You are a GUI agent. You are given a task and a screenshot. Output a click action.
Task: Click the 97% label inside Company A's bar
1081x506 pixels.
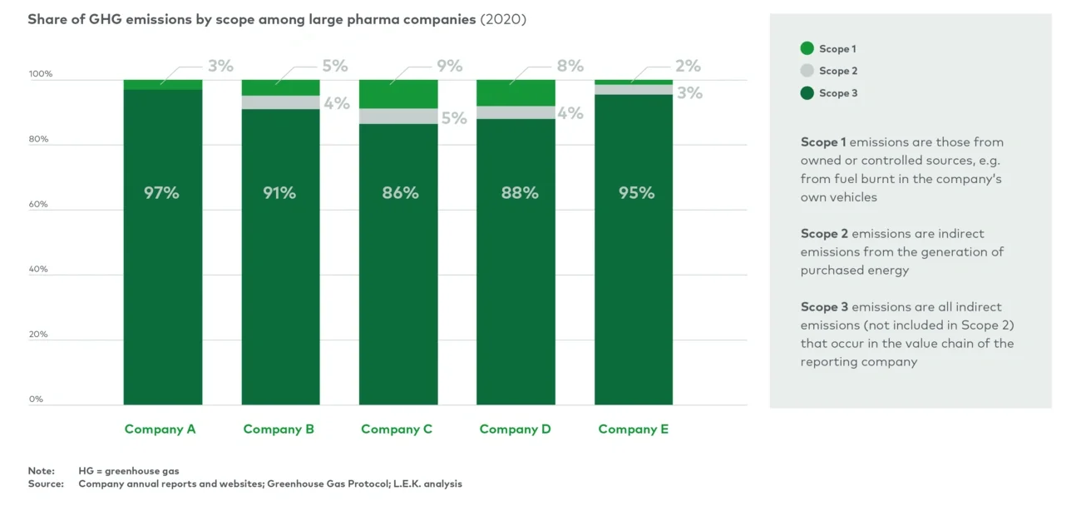[x=162, y=193]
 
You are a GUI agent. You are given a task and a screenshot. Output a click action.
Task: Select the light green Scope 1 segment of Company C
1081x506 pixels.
[x=398, y=94]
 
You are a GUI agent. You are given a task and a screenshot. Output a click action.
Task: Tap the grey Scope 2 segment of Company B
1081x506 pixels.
[x=280, y=102]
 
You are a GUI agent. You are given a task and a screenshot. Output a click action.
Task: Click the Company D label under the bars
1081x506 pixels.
[x=515, y=429]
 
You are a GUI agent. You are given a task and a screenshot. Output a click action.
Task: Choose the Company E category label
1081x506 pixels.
[x=633, y=429]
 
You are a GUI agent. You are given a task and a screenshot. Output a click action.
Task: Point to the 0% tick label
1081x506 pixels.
[x=37, y=399]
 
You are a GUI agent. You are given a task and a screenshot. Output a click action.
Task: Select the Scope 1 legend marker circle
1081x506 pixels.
[x=807, y=49]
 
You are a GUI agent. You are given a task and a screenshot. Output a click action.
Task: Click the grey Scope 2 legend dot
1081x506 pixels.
[x=807, y=71]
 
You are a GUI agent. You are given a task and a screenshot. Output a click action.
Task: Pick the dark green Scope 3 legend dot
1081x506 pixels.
[x=807, y=93]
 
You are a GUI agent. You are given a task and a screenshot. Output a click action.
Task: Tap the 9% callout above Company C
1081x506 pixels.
[x=449, y=66]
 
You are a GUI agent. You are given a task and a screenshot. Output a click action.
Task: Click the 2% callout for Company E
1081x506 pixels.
[x=688, y=66]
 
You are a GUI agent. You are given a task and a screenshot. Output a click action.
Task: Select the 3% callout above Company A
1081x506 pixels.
[x=220, y=66]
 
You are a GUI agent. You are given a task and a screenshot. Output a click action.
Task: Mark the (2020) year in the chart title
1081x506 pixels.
[x=503, y=19]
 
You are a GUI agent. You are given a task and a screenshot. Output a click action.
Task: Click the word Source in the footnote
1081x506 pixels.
[x=46, y=484]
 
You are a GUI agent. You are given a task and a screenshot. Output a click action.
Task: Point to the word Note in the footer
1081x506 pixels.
[x=41, y=471]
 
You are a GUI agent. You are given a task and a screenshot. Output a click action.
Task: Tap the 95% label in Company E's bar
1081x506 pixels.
[x=636, y=193]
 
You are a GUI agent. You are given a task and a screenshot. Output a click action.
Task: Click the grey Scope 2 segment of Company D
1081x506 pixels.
[x=516, y=112]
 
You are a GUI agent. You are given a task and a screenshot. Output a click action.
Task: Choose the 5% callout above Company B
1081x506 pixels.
[x=335, y=66]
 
